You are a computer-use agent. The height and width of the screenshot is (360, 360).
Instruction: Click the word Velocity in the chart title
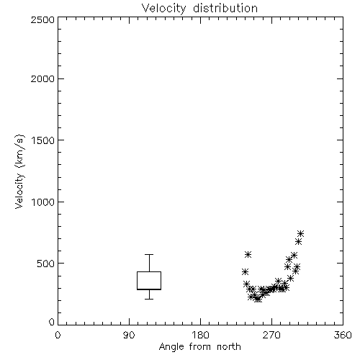[x=164, y=9]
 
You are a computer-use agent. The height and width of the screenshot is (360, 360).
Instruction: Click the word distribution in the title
[x=225, y=8]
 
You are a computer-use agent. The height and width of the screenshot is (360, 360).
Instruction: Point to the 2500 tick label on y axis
[x=42, y=19]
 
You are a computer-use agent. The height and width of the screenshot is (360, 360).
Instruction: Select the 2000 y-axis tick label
[x=42, y=78]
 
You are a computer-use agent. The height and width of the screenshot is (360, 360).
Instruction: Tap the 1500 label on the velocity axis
[x=43, y=140]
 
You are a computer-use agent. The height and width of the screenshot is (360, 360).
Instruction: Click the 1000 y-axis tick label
[x=43, y=202]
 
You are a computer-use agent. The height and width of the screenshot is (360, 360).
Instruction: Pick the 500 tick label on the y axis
[x=46, y=264]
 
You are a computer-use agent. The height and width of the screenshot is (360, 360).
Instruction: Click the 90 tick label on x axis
[x=129, y=335]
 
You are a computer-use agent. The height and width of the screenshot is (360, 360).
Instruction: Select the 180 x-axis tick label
[x=200, y=335]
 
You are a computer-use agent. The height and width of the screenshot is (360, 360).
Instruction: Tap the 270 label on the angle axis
[x=271, y=335]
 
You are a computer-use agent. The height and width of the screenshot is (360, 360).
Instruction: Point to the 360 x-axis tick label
[x=343, y=335]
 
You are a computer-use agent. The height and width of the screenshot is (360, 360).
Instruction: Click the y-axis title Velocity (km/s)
[x=19, y=171]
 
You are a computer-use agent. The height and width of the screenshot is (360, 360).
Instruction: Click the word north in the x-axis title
[x=229, y=347]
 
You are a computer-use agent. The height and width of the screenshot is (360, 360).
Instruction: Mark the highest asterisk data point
[x=300, y=233]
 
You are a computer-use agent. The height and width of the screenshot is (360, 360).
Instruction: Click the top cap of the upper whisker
[x=149, y=254]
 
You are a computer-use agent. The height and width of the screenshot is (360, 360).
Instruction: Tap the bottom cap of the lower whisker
[x=149, y=299]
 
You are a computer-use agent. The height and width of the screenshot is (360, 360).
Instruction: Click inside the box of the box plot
[x=149, y=280]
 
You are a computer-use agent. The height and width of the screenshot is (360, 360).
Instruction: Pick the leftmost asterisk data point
[x=245, y=272]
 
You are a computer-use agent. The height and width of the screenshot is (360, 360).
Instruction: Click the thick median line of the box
[x=149, y=289]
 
